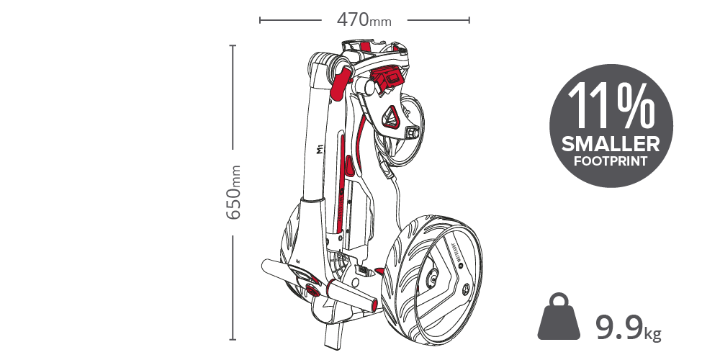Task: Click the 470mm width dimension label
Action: (x=364, y=20)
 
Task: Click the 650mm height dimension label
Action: (x=233, y=192)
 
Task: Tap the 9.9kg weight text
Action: (x=628, y=328)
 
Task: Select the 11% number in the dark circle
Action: (x=611, y=106)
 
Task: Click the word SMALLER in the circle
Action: (x=611, y=144)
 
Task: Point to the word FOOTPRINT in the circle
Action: (x=611, y=161)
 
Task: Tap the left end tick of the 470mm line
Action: (x=260, y=20)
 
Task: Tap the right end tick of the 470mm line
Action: (x=469, y=20)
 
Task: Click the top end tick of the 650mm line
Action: (x=233, y=46)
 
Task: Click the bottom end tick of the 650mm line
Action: (x=233, y=339)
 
